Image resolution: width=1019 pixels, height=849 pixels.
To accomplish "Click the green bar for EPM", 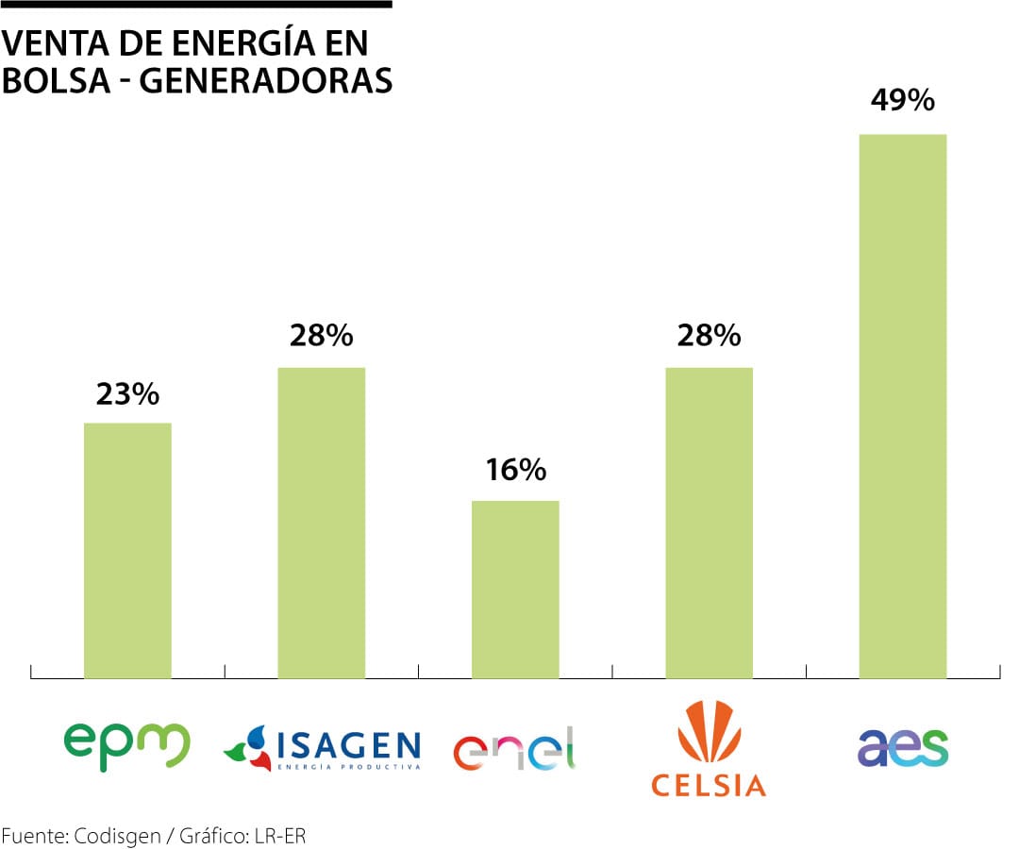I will point(127,550).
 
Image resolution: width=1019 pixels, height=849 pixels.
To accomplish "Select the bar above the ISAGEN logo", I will point(321,523).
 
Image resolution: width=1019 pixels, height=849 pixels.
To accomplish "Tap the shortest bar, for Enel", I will point(515,589).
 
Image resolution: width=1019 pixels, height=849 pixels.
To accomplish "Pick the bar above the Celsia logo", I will point(709,523).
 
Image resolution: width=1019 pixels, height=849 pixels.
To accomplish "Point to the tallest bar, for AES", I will point(902,406).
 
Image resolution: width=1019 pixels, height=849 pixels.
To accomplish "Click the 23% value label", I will point(127,393).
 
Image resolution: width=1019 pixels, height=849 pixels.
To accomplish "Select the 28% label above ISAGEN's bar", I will point(321,335).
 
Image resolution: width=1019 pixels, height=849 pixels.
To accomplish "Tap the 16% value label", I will point(515,469).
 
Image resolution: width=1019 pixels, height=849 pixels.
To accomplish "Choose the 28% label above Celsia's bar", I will point(709,335).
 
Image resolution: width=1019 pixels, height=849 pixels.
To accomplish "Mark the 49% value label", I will point(902,100).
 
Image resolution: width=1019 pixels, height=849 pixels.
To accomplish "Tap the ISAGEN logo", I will point(322,749).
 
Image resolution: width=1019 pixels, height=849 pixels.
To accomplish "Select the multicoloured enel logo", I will point(515,749).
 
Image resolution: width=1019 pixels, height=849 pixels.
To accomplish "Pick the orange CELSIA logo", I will point(709,749).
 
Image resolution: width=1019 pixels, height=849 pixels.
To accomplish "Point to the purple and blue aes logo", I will point(902,747).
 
